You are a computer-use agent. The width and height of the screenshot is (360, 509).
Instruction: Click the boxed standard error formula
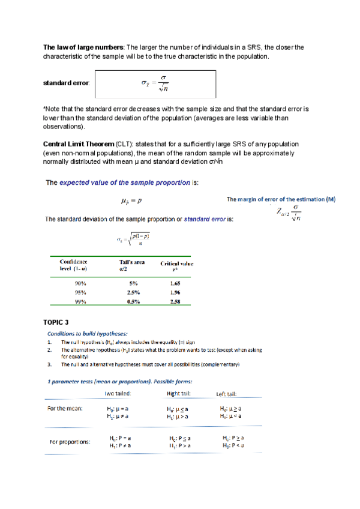pos(155,84)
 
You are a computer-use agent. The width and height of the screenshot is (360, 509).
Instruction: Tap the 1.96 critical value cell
pos(175,292)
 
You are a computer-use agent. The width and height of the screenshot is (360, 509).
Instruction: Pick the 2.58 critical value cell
pos(175,302)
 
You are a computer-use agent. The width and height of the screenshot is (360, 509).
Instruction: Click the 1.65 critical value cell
pos(175,282)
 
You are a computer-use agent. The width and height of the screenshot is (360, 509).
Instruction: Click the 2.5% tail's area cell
pos(133,292)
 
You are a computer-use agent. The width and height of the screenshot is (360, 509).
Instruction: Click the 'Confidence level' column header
pos(74,265)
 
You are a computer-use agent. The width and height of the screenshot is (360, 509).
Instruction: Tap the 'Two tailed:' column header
pos(118,393)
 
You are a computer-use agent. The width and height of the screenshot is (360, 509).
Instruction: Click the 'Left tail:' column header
pos(226,394)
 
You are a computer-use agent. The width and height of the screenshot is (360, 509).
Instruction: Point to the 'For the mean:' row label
pos(65,408)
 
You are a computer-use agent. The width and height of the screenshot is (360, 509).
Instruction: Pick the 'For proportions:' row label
pos(70,442)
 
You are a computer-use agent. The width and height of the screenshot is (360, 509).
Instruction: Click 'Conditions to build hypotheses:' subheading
pos(88,334)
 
